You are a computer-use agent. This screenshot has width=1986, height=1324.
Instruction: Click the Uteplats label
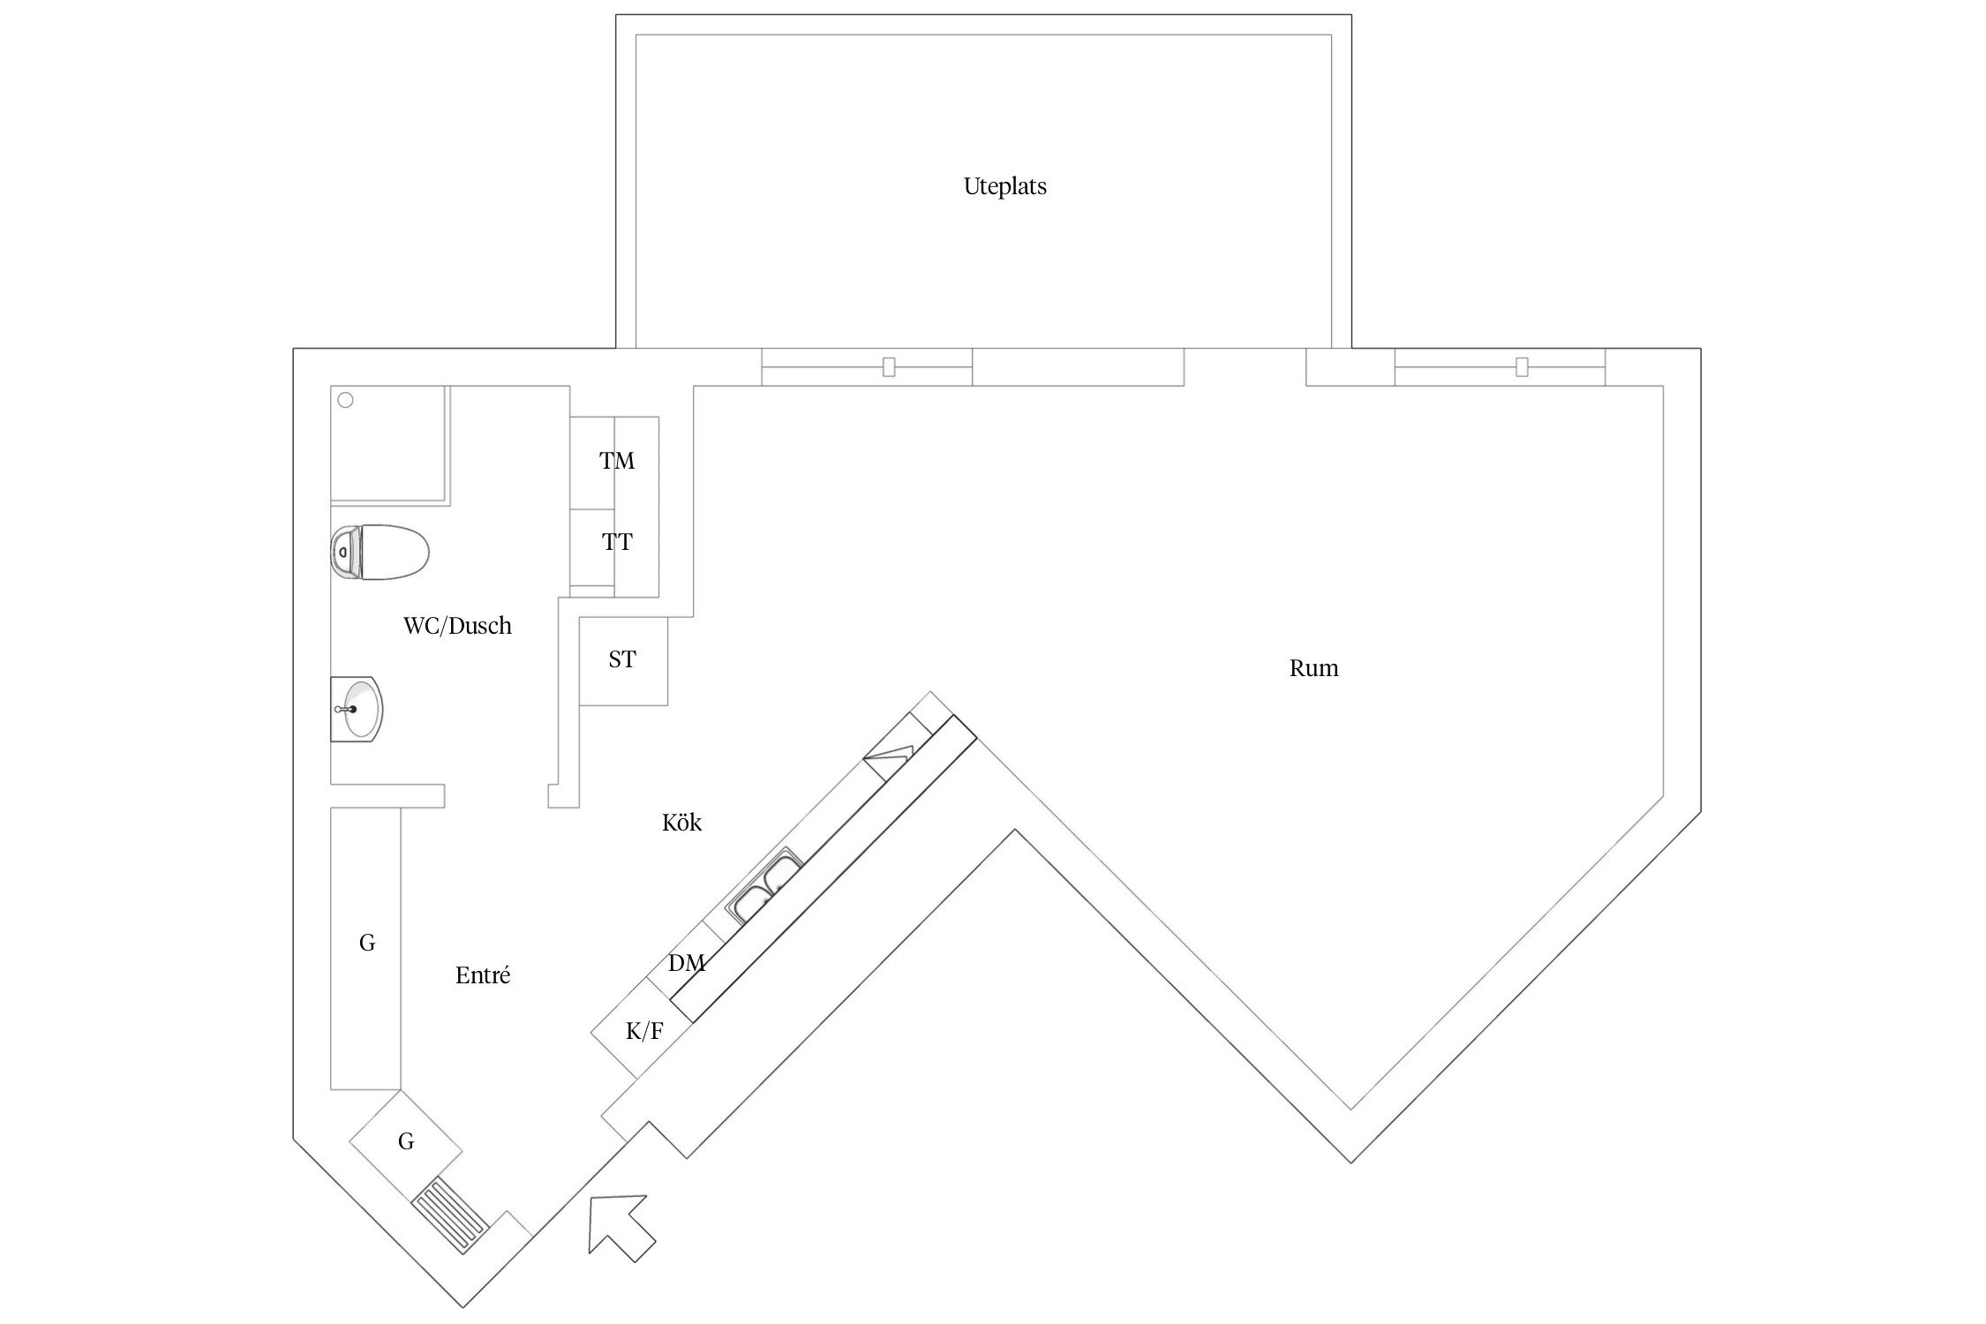1004,187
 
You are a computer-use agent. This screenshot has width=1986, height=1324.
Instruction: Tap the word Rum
1313,669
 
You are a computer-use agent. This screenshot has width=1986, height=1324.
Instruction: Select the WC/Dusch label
457,626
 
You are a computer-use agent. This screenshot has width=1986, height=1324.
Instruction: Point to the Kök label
681,823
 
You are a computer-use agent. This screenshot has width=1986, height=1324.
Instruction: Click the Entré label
483,975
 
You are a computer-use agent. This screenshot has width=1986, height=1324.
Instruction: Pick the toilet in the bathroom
380,553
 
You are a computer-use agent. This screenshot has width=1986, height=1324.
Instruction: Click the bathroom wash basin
357,709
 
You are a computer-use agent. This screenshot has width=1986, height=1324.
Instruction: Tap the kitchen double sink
764,885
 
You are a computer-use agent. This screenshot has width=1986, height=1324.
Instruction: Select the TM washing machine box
614,463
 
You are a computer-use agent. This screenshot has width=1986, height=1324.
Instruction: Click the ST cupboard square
623,661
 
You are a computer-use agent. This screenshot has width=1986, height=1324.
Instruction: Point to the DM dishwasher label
686,963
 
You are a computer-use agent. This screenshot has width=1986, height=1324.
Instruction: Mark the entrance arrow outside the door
621,1228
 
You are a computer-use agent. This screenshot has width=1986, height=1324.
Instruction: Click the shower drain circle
346,400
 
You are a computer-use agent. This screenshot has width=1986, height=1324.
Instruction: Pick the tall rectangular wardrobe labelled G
366,948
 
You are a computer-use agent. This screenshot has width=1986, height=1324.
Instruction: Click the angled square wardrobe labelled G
406,1145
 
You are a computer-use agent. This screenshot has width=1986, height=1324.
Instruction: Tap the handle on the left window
889,366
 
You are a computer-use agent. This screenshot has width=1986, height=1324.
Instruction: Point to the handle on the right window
1522,366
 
